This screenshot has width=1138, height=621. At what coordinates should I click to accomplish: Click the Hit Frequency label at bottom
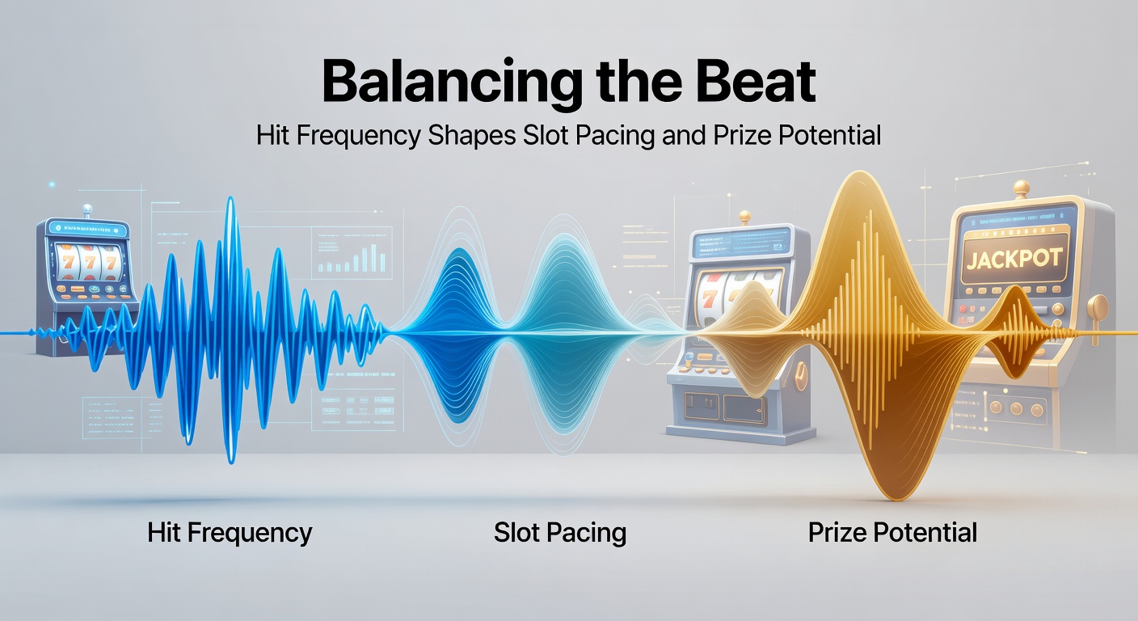pos(230,533)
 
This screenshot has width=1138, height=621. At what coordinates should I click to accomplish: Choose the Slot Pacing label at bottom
pos(560,533)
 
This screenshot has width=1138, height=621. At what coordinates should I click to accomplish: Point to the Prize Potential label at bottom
pos(892,533)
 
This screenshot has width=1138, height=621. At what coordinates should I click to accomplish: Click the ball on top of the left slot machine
pos(87,209)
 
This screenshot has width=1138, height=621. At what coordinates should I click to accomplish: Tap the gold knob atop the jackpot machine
pos(1022,188)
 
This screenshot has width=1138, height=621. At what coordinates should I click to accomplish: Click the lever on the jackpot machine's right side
pos(1098,308)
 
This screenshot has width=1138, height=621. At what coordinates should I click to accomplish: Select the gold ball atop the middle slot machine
pos(744,217)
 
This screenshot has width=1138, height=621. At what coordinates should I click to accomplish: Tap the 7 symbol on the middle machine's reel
pos(709,295)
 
